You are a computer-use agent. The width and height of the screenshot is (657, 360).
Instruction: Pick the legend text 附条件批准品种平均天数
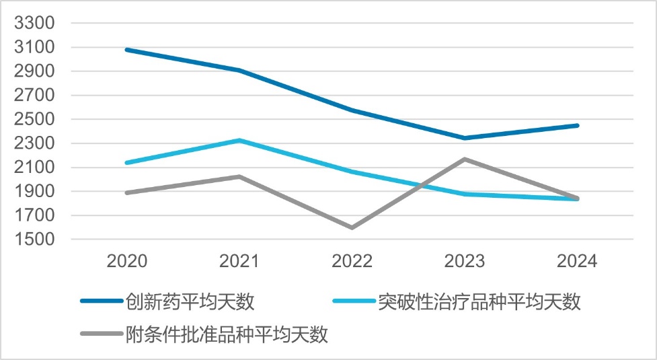pos(227,334)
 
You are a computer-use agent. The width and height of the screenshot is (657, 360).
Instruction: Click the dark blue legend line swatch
pos(102,301)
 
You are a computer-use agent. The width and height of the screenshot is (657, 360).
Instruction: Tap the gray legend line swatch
pos(102,334)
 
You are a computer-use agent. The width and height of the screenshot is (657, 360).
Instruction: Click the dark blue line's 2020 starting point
pos(127,50)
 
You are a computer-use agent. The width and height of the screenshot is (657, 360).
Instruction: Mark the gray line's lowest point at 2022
pos(352,227)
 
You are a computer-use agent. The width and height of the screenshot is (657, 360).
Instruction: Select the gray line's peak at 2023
pos(464,159)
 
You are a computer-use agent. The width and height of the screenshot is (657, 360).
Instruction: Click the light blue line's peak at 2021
pos(239,140)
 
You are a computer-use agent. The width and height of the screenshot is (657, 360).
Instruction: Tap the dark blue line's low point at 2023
pos(464,138)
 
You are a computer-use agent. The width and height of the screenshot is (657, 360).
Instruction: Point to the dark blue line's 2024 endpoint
pos(576,125)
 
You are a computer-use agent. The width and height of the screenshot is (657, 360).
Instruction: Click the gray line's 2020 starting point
pos(127,192)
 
